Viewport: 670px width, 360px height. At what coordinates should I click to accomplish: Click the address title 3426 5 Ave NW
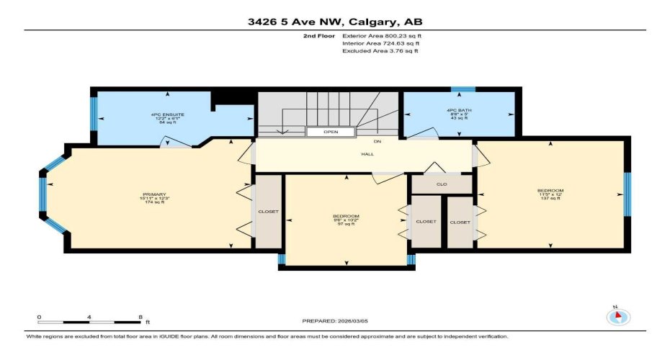click(334, 21)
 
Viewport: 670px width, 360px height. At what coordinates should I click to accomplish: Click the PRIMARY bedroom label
click(154, 198)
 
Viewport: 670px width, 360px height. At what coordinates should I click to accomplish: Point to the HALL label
click(367, 154)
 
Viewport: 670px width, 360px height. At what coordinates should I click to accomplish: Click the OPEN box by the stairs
click(331, 132)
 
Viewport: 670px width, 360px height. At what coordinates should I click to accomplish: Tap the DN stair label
click(377, 142)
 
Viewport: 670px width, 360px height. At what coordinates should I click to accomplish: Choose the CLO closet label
click(442, 184)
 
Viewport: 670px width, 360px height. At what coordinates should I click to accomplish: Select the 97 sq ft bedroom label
click(346, 220)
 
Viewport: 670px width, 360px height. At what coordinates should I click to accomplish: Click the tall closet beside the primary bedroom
click(268, 212)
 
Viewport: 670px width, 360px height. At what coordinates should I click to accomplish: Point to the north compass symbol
click(618, 316)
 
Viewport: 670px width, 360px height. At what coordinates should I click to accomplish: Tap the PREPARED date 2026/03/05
click(334, 320)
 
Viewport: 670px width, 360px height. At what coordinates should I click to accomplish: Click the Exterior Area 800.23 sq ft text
click(381, 35)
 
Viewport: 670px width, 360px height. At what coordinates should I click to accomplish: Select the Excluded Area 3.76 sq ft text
click(380, 52)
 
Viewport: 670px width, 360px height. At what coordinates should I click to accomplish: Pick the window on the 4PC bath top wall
click(463, 89)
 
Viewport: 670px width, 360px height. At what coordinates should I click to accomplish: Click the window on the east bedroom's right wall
click(627, 194)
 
